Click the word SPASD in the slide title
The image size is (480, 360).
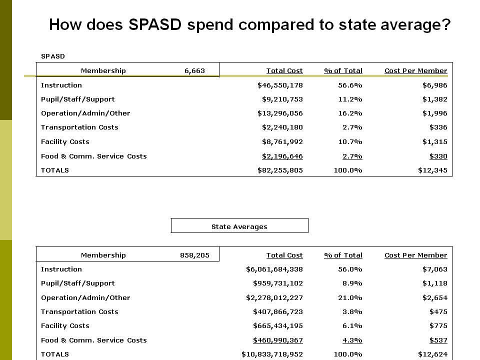pyautogui.click(x=155, y=24)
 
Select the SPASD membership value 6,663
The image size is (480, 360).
pyautogui.click(x=194, y=70)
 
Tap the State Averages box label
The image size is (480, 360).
pyautogui.click(x=239, y=227)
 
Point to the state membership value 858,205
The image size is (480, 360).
pyautogui.click(x=194, y=255)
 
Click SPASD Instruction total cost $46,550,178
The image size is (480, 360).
pyautogui.click(x=280, y=85)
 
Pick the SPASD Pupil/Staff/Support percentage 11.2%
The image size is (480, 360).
pyautogui.click(x=350, y=99)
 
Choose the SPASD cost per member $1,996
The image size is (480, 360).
pyautogui.click(x=434, y=113)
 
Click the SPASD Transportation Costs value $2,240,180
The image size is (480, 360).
pyautogui.click(x=282, y=127)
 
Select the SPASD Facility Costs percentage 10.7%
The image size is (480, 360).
pyautogui.click(x=350, y=142)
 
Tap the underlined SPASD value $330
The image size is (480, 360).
pyautogui.click(x=438, y=156)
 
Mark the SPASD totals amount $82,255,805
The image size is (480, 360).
pyautogui.click(x=280, y=170)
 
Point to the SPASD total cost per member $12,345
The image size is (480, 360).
pyautogui.click(x=432, y=170)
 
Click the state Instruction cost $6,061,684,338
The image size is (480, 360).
pyautogui.click(x=274, y=269)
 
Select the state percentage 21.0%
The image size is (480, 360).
pyautogui.click(x=350, y=298)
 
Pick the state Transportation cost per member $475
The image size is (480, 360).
pyautogui.click(x=438, y=312)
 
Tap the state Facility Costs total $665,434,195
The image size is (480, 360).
pyautogui.click(x=278, y=326)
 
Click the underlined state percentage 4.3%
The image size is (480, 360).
pyautogui.click(x=352, y=340)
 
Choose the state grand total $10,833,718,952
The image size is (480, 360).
pyautogui.click(x=272, y=354)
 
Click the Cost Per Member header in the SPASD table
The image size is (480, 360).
pyautogui.click(x=415, y=70)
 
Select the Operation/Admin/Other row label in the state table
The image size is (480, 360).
pyautogui.click(x=85, y=298)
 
